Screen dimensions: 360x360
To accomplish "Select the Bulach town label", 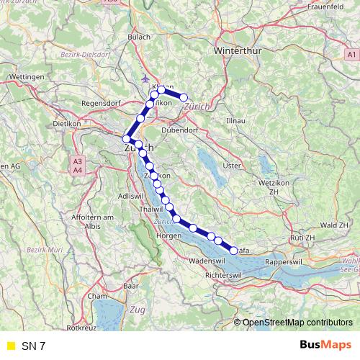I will pyautogui.click(x=138, y=37).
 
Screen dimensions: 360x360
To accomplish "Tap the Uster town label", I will pyautogui.click(x=231, y=166).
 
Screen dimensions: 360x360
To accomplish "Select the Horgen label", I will pyautogui.click(x=167, y=235).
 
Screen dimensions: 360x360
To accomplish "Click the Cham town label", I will pyautogui.click(x=96, y=296).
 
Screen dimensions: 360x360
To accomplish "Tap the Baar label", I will pyautogui.click(x=130, y=286).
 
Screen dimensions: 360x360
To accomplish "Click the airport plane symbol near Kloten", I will pyautogui.click(x=148, y=77).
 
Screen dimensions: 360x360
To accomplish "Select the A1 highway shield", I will pyautogui.click(x=351, y=55).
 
